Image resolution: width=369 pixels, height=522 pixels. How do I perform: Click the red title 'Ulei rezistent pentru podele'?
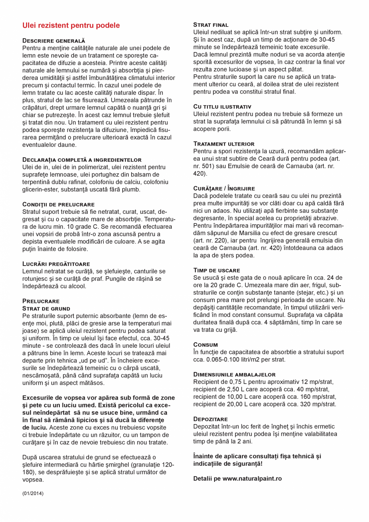coord(71,26)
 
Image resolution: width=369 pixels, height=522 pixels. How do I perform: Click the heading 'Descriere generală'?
coord(54,41)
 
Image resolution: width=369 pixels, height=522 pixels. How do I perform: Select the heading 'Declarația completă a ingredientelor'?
coord(82,160)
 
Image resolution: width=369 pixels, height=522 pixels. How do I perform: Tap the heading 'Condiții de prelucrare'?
coord(59,204)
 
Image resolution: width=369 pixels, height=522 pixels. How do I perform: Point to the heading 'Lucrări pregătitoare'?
coord(56,264)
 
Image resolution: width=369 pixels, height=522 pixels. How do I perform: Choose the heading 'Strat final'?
coord(211,25)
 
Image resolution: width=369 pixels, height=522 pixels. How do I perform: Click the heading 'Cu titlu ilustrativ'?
coord(222,107)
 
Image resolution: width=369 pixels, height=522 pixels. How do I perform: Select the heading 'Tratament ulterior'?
coord(224,144)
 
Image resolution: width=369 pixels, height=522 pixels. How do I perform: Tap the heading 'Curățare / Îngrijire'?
coord(224,188)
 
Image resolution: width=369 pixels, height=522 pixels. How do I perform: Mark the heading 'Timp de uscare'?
coord(217,270)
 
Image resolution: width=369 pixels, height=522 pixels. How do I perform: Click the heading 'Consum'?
coord(206,345)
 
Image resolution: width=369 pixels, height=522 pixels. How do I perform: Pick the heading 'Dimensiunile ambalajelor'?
coord(234,374)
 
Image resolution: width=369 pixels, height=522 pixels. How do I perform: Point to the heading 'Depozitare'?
coord(211,419)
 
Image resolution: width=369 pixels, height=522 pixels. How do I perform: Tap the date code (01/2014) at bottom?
coord(33,493)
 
